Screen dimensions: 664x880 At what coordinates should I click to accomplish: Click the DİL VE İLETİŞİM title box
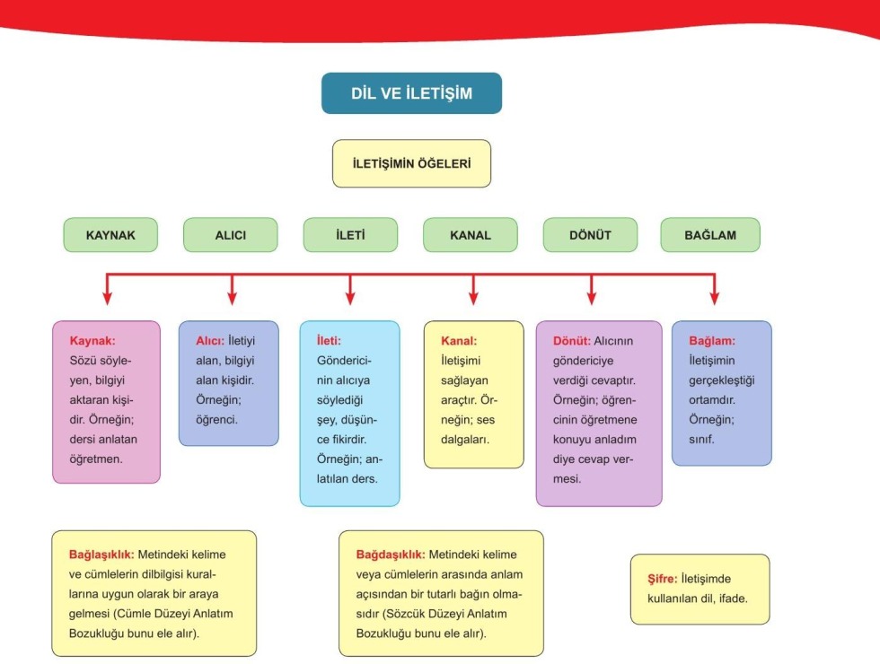coord(411,93)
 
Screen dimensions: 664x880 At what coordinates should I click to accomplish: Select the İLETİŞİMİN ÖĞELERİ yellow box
coord(411,163)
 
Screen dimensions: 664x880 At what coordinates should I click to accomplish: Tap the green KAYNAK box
coord(110,235)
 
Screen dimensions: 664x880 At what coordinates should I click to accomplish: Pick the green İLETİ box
coord(350,235)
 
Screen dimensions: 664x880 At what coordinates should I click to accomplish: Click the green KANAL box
coord(471,235)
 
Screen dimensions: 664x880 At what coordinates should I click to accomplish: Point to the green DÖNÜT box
coord(590,235)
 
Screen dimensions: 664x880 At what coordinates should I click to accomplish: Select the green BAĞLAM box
coord(710,235)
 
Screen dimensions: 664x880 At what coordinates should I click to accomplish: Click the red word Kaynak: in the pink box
coord(92,341)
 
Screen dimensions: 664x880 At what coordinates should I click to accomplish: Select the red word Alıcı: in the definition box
coord(210,341)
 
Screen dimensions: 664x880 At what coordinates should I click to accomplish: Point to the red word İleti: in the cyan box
coord(328,341)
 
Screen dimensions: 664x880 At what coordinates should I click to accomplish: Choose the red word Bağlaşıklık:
coord(107,554)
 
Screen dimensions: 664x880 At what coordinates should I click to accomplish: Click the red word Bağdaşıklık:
coord(392,554)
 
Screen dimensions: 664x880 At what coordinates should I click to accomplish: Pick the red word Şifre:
coord(662,579)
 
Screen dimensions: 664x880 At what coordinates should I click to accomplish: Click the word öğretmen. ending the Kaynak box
coord(97,459)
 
